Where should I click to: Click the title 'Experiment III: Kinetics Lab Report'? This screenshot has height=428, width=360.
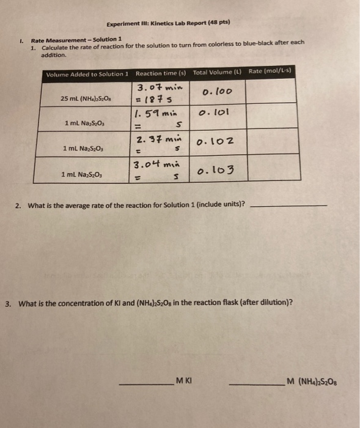coord(168,23)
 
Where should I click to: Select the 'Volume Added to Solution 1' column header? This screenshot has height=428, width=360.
coord(87,74)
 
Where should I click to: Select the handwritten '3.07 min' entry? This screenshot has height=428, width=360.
coord(158,87)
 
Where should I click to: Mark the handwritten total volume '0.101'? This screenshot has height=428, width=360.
coord(213,113)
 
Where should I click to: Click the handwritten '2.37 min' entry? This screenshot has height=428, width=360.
coord(160,137)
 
